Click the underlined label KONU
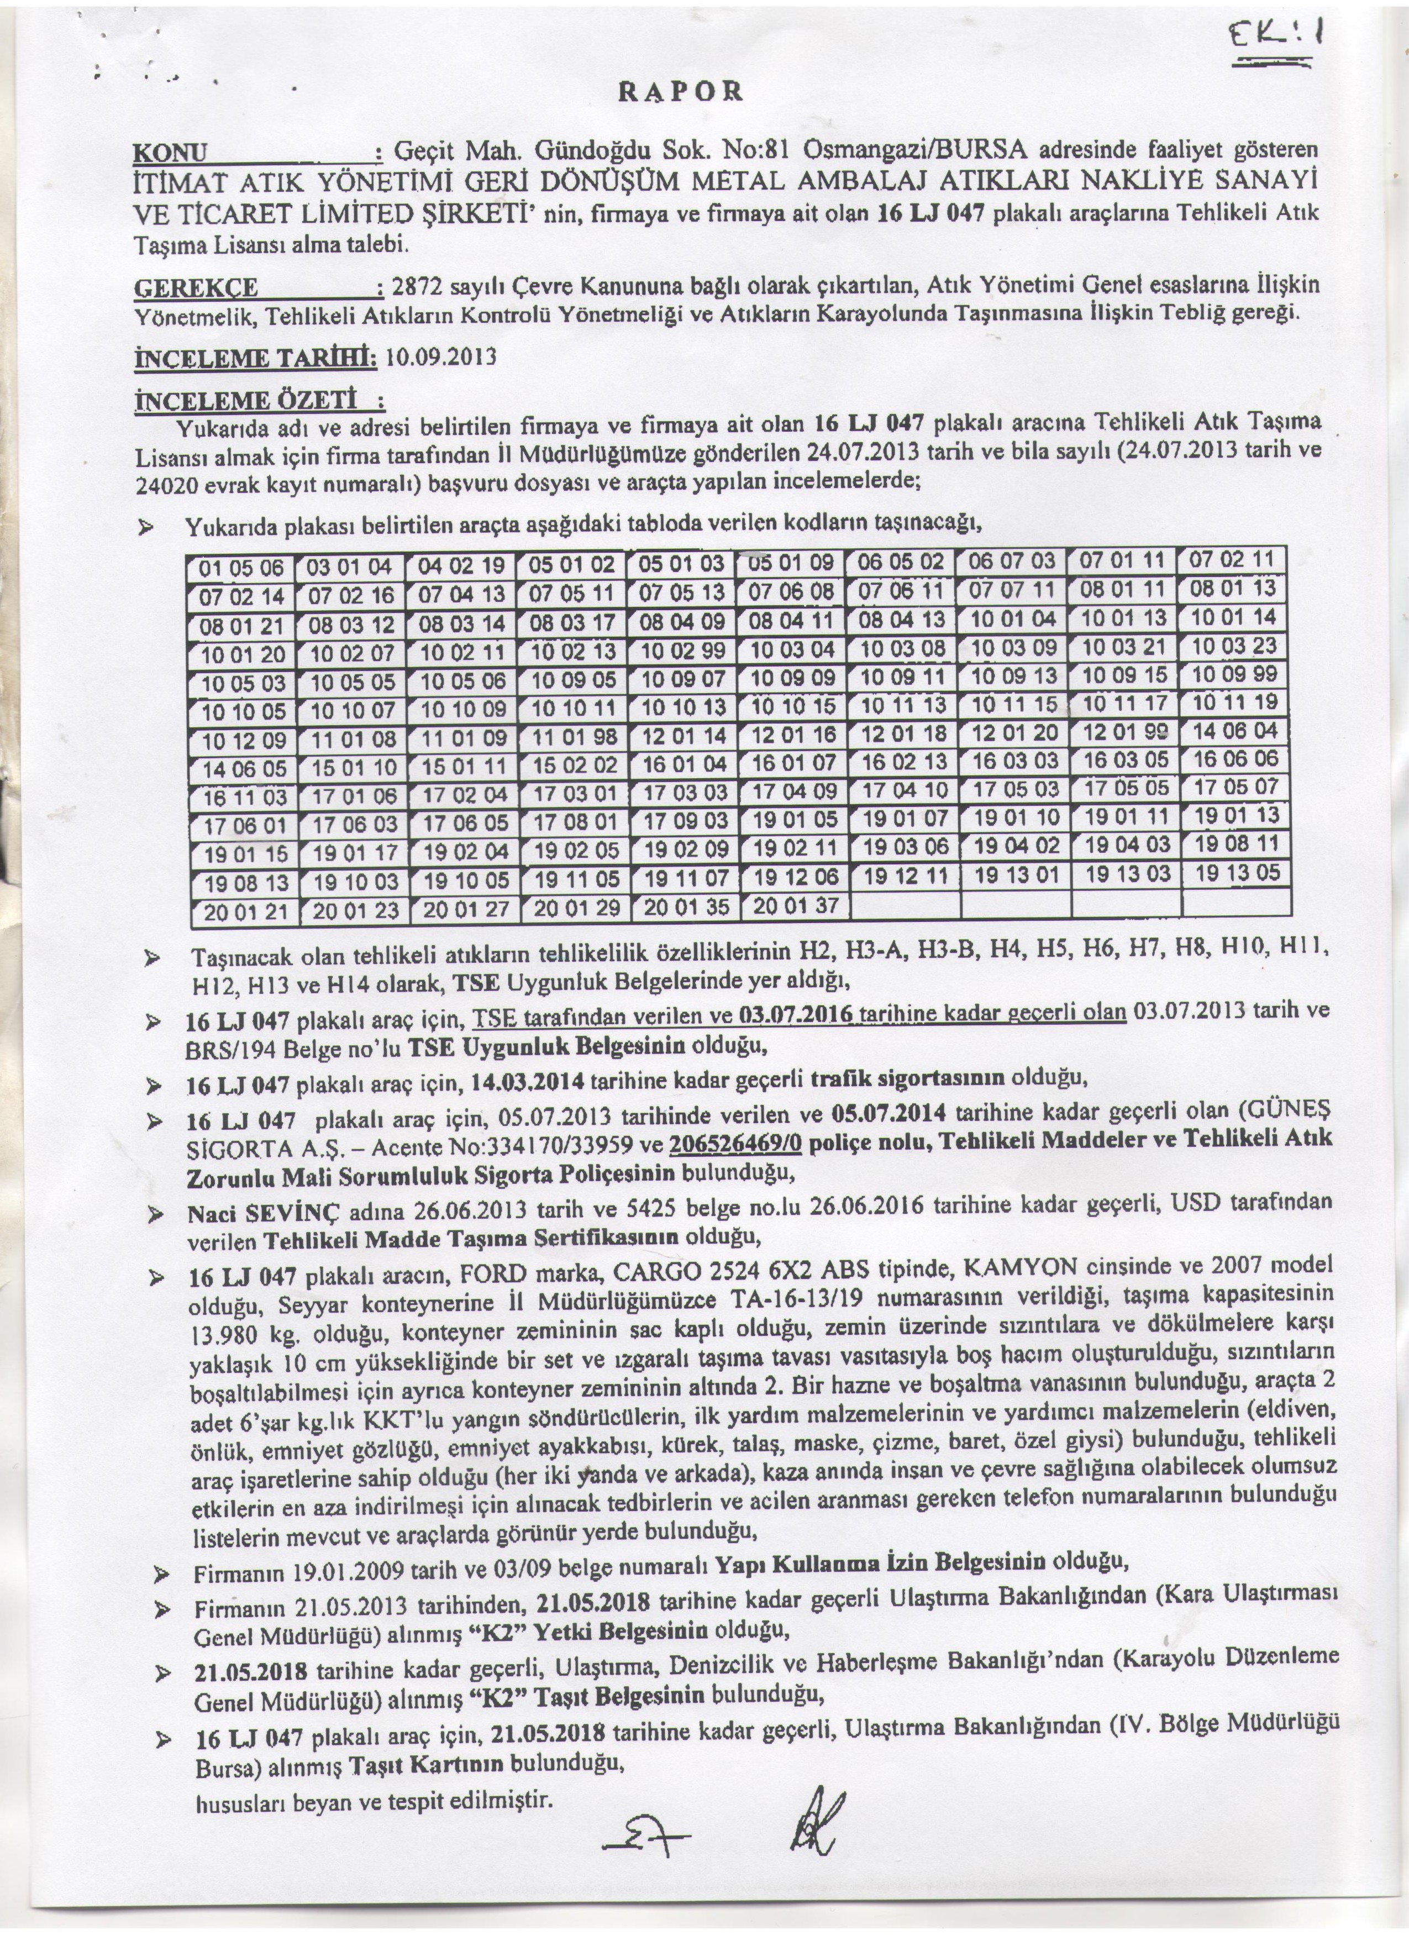point(171,154)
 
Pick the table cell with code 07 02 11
point(1236,560)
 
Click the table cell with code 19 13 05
point(1237,873)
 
